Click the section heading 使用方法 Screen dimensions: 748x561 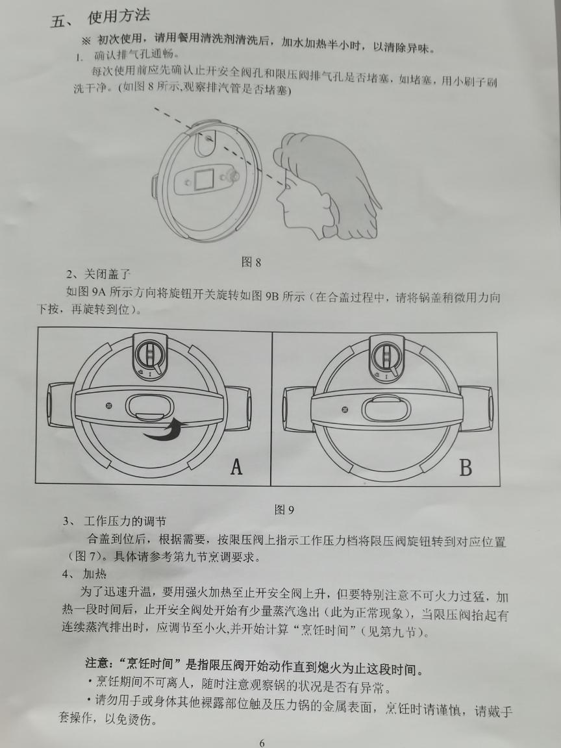click(x=122, y=18)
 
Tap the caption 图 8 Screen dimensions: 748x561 click(x=251, y=262)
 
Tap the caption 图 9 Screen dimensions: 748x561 click(x=284, y=510)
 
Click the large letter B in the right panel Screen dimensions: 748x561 click(x=465, y=467)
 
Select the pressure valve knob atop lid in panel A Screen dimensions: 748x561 click(x=150, y=356)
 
